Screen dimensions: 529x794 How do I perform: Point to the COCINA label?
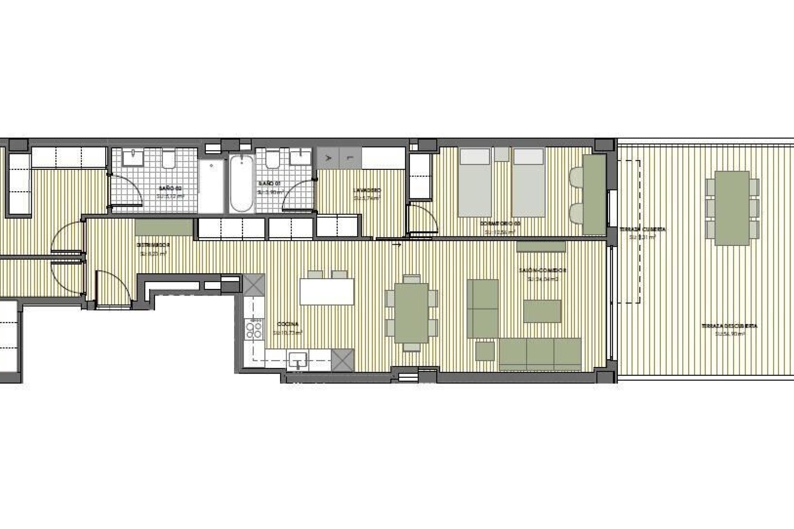(288, 324)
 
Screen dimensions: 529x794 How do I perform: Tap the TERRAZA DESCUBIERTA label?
(729, 326)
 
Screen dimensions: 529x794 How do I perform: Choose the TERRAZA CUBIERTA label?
(642, 229)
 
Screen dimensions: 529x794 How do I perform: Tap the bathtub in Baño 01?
(241, 183)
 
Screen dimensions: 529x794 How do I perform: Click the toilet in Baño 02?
(169, 160)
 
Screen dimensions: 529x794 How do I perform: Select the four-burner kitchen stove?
(254, 329)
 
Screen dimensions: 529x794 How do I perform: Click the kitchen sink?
(298, 360)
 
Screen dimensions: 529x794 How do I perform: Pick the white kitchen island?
(327, 292)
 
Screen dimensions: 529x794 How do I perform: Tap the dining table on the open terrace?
(732, 208)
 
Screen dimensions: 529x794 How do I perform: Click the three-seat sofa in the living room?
(540, 354)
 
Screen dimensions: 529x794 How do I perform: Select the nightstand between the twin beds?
(502, 155)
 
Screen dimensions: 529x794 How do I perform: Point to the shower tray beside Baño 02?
(211, 186)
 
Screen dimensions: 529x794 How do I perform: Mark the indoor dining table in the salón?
(411, 313)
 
